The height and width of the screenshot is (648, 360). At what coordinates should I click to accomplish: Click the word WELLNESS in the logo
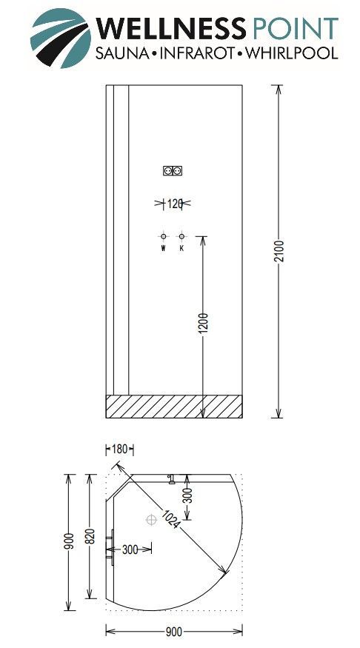coord(170,29)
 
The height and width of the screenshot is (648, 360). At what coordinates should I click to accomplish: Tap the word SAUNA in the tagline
coord(122,53)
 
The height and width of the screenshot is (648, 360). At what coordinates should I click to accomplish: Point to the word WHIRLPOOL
coord(291,53)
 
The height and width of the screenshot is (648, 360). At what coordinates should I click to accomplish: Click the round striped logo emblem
coord(60,38)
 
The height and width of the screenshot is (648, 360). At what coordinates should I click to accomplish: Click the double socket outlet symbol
coord(173,170)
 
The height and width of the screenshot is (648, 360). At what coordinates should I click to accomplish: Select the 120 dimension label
coord(175,204)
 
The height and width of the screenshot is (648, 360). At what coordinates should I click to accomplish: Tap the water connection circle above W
coord(163,236)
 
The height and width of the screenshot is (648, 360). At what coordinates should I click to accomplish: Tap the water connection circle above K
coord(181,236)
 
